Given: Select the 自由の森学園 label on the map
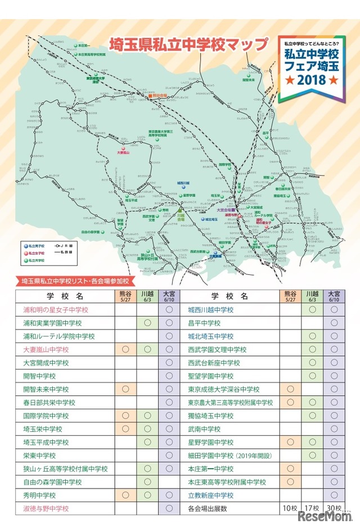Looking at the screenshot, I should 90,232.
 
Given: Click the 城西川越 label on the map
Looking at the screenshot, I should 184,183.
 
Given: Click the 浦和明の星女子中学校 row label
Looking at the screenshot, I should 56,310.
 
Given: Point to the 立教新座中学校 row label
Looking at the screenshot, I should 210,495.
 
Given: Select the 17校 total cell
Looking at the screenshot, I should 312,508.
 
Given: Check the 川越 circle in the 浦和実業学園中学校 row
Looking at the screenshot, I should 147,323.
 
